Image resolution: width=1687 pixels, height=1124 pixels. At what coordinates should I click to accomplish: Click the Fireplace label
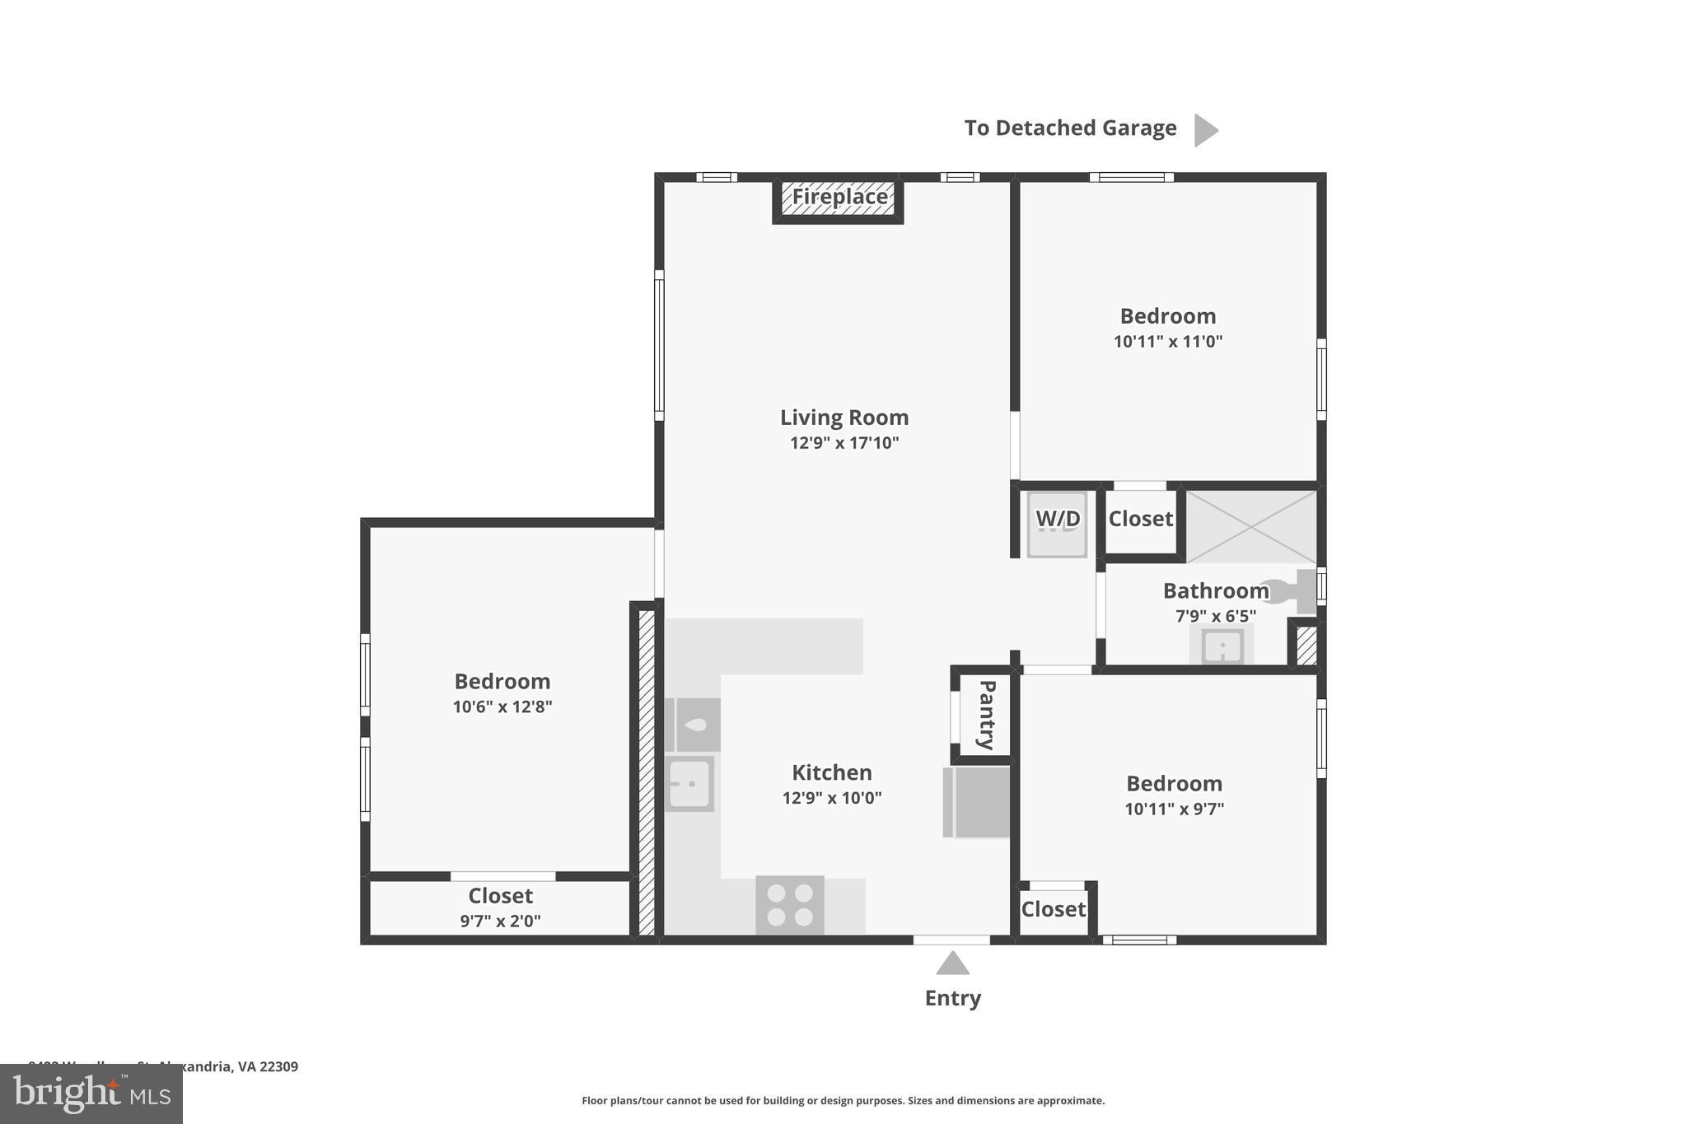(839, 197)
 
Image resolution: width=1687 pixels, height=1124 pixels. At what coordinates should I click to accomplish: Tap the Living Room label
(844, 417)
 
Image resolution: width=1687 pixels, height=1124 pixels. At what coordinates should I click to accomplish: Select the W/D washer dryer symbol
(1057, 524)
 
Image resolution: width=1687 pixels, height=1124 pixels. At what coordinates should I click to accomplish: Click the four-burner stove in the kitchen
(790, 904)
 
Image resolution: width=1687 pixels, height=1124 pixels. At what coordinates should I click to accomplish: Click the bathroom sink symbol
(1222, 646)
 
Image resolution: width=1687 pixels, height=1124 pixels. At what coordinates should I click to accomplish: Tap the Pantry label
(986, 714)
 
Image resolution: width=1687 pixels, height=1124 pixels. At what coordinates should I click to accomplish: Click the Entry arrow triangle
(952, 963)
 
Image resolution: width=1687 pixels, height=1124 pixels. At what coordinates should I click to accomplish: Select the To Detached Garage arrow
(1205, 130)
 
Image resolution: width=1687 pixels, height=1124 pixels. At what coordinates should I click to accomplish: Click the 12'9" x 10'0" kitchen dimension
(832, 798)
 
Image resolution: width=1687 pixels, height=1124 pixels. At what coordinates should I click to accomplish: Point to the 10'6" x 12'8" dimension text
(502, 707)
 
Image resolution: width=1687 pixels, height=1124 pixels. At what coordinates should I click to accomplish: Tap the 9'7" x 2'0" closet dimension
(500, 921)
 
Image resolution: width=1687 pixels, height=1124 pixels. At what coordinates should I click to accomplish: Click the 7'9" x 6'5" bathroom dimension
(1215, 616)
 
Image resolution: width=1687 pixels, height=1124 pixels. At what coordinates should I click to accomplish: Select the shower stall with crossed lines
(1250, 527)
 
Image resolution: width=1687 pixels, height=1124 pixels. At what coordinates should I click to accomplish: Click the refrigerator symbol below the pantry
(977, 802)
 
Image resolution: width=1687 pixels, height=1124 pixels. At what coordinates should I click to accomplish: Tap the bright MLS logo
(91, 1094)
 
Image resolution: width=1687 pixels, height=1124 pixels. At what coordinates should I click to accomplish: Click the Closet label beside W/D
(1140, 519)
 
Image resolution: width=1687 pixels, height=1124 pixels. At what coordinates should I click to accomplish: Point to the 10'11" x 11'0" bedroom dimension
(1167, 341)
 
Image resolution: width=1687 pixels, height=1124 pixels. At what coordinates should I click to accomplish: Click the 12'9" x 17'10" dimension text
(844, 443)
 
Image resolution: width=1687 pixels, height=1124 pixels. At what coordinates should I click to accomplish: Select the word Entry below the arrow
(952, 998)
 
